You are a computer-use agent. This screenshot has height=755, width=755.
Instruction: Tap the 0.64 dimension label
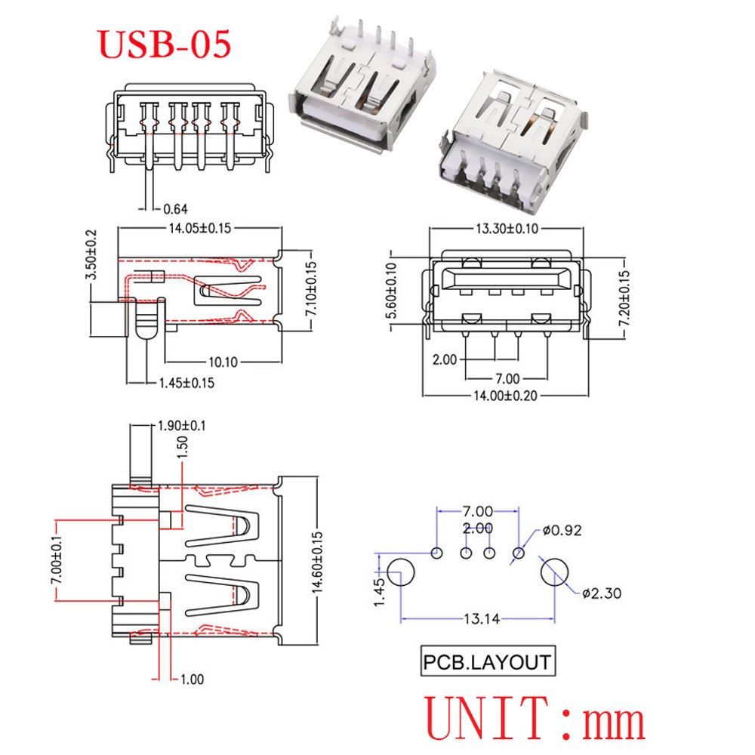(174, 209)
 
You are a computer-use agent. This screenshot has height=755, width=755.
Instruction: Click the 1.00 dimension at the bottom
(191, 679)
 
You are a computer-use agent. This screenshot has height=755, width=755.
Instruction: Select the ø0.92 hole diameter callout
(562, 530)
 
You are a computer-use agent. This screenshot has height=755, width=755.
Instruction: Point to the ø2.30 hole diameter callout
(602, 593)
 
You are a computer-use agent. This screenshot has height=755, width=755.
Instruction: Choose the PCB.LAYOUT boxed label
(486, 663)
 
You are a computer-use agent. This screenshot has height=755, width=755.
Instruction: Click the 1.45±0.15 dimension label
(186, 383)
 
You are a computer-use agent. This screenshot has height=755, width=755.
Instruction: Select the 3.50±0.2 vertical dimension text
(92, 254)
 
